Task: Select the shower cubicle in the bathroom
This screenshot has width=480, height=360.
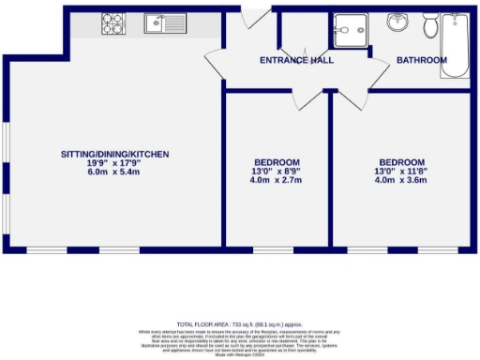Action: pos(350,32)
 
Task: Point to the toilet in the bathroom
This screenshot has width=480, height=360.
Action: pos(429,26)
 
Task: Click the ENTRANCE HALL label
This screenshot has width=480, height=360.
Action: pos(297,61)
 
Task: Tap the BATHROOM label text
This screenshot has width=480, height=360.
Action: pos(422,61)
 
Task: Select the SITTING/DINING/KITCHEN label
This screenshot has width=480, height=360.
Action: pos(115,154)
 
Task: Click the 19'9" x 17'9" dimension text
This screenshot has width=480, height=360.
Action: pos(115,163)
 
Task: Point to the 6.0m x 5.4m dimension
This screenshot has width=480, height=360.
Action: pos(115,172)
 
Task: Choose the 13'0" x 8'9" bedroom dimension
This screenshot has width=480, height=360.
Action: pos(277,171)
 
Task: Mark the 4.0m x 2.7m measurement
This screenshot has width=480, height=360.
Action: pos(277,180)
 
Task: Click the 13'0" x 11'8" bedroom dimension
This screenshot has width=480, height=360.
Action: pos(401,171)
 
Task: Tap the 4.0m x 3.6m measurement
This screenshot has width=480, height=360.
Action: pos(401,180)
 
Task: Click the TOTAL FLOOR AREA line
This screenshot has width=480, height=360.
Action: pos(240,322)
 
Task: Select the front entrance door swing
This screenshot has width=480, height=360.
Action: pos(251,19)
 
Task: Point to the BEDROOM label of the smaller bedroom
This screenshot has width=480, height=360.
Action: pos(277,161)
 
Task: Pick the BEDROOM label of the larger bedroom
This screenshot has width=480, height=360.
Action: pos(401,161)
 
